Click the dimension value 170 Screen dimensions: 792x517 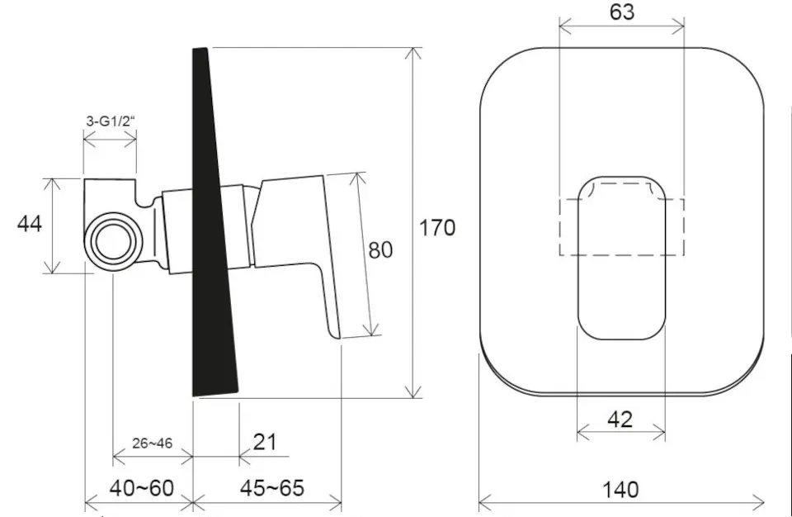click(437, 228)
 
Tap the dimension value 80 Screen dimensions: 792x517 click(380, 250)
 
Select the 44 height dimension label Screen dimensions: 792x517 click(30, 224)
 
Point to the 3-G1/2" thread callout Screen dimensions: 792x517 click(111, 121)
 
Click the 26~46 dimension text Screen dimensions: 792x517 click(152, 443)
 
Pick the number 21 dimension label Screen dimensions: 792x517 click(265, 442)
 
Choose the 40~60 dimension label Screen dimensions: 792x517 click(141, 488)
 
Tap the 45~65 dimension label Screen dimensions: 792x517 click(271, 488)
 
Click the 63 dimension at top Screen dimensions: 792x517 click(622, 12)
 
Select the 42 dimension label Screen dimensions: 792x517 click(620, 420)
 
